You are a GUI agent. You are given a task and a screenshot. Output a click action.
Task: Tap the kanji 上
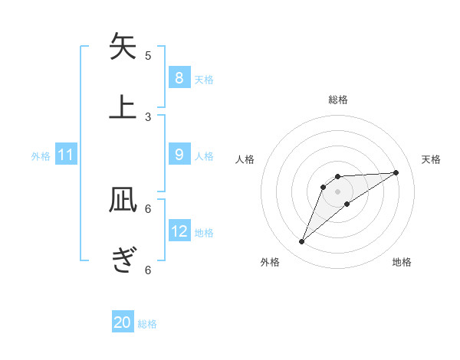point(123,106)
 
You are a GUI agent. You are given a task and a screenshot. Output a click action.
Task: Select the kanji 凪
point(123,201)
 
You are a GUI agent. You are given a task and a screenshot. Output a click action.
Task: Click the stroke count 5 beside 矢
point(148,56)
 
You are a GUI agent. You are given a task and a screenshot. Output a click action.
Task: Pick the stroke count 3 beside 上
point(148,116)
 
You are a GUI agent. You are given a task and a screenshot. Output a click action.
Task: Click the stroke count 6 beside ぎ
point(148,270)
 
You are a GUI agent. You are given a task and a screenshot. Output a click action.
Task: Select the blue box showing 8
point(179,77)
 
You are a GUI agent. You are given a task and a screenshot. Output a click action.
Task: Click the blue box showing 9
point(179,155)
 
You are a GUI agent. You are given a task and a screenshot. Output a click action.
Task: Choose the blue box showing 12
point(179,231)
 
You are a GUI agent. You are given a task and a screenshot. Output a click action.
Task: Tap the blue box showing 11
point(66,155)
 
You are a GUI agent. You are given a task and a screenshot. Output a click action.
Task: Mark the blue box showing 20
point(123,322)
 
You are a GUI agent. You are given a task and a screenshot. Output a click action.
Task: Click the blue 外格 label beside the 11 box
point(41,155)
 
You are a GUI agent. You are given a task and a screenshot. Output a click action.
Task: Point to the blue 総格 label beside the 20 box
point(147,324)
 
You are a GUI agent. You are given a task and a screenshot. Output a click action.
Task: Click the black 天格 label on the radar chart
point(432,159)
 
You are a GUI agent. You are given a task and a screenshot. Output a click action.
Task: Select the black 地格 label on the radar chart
point(402,263)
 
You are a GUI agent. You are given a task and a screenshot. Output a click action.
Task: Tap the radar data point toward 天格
point(396,172)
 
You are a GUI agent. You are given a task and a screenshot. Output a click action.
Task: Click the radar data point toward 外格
point(302,242)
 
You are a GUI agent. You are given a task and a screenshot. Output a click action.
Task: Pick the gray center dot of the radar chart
point(337,191)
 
